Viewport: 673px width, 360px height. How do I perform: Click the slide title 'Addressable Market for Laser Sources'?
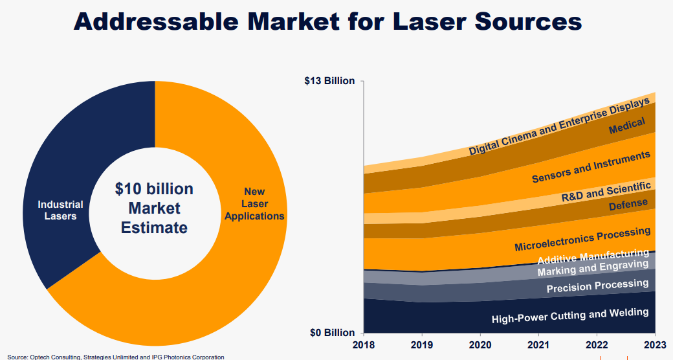(x=327, y=21)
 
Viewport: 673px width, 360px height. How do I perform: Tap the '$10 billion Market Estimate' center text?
(x=154, y=208)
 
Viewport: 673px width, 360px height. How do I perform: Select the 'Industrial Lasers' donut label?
(x=60, y=210)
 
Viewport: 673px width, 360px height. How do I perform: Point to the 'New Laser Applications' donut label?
(x=254, y=203)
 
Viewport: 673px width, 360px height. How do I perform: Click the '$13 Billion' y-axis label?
(x=330, y=81)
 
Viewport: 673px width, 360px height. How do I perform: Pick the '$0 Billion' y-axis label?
(x=332, y=333)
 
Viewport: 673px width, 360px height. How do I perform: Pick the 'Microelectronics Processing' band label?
(x=582, y=239)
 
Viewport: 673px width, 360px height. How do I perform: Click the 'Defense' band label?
(x=628, y=205)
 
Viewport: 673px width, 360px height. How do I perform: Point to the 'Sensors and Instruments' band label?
(x=591, y=167)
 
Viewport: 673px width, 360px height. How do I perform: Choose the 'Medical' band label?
(x=627, y=126)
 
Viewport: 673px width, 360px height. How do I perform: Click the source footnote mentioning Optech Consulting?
(x=116, y=357)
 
